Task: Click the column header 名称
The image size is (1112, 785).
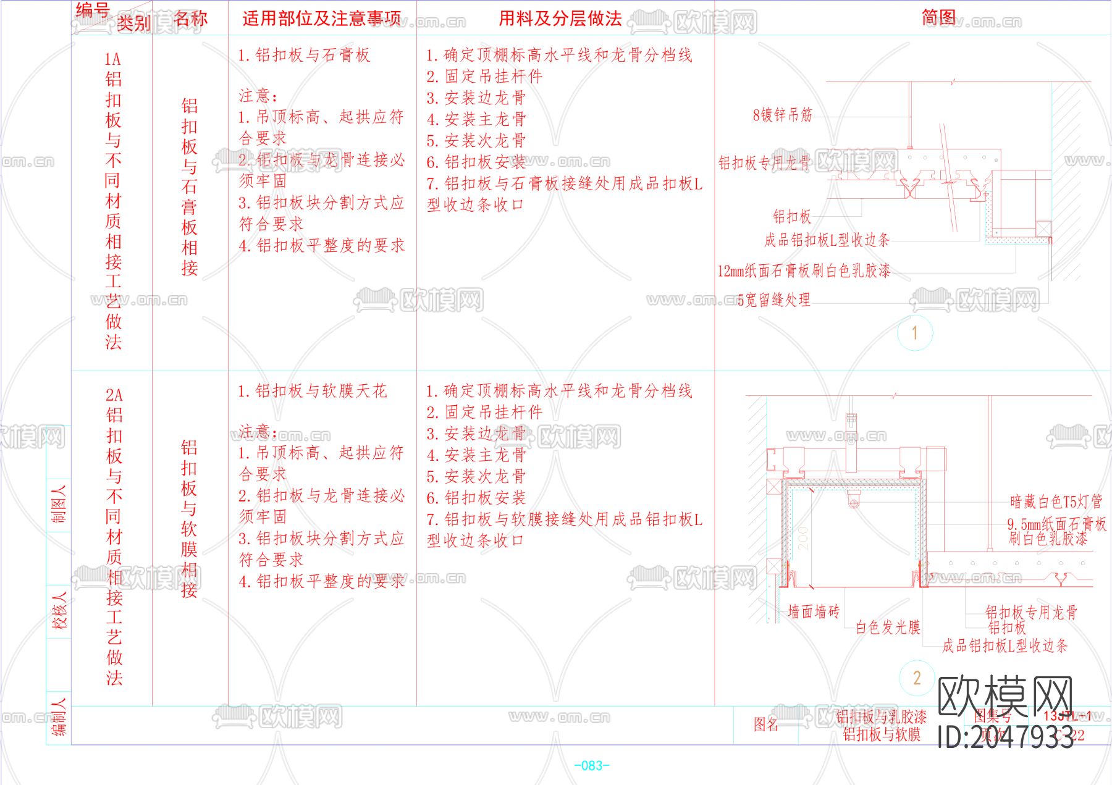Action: [x=190, y=19]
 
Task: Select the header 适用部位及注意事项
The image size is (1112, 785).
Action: [x=321, y=19]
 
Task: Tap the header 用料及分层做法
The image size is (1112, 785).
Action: [x=560, y=19]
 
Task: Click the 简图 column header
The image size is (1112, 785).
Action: [x=938, y=17]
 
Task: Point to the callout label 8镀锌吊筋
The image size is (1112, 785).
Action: [x=782, y=115]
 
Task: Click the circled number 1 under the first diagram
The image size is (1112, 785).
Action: [x=915, y=334]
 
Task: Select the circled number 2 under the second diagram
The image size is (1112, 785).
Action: [x=917, y=678]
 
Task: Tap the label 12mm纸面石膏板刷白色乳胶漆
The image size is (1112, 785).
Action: [x=804, y=271]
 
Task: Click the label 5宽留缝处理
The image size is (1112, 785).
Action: [x=774, y=300]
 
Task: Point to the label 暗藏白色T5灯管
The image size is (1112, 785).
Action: [x=1056, y=502]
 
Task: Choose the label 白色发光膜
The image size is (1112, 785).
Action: [x=888, y=628]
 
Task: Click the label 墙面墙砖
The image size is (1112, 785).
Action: [x=814, y=611]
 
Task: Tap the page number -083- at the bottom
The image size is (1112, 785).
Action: [x=592, y=766]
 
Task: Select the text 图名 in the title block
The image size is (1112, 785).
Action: [x=766, y=724]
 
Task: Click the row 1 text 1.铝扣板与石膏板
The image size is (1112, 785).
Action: [x=304, y=56]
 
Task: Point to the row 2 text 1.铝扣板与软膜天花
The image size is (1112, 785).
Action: [x=313, y=391]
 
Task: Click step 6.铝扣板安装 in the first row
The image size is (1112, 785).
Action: [x=476, y=162]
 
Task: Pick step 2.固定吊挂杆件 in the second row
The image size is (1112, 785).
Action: [x=484, y=413]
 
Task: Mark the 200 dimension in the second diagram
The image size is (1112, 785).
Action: [x=802, y=538]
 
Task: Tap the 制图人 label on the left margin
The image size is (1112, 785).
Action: [x=59, y=504]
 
